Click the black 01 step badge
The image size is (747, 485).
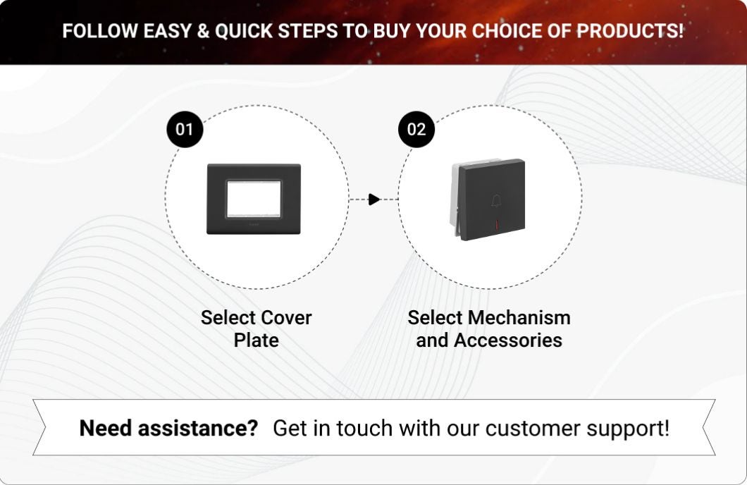click(x=185, y=129)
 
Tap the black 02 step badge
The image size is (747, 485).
click(x=416, y=129)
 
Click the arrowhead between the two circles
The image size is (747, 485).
click(x=374, y=199)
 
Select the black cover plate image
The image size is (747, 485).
click(x=254, y=199)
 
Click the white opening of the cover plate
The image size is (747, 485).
click(x=254, y=199)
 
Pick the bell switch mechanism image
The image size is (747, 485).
click(x=488, y=199)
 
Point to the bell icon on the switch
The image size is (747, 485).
click(x=496, y=201)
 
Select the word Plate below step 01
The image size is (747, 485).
click(x=257, y=340)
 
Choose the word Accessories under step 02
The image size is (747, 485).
click(x=508, y=340)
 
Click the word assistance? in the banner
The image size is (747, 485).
click(x=198, y=428)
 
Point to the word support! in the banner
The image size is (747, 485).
click(x=628, y=429)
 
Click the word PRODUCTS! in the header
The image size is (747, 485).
click(x=630, y=31)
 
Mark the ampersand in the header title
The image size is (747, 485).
click(x=203, y=31)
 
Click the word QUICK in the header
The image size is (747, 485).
click(x=244, y=31)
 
